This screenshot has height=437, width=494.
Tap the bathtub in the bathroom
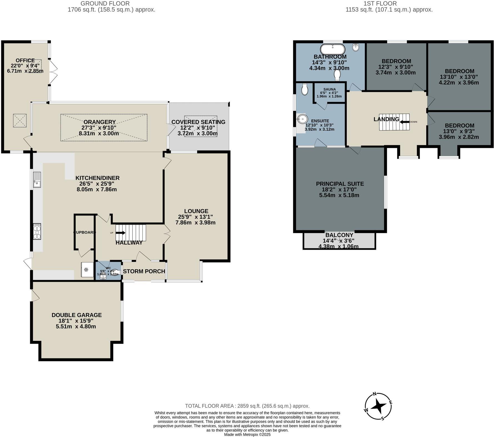(x=333, y=49)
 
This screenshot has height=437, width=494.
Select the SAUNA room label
(x=329, y=89)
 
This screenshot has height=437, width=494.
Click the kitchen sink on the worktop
(x=37, y=180)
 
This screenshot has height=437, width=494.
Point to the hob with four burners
(x=37, y=231)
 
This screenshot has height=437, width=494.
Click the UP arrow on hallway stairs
(x=120, y=233)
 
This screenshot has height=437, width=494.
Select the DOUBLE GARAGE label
(x=77, y=315)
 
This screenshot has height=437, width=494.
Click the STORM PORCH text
(x=144, y=271)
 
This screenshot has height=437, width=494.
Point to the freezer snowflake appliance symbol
(x=86, y=269)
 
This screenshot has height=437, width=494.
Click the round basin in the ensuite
(x=302, y=119)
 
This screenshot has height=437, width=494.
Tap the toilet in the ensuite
(x=305, y=89)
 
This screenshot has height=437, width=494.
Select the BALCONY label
(x=339, y=235)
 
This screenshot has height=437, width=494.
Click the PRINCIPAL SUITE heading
(x=340, y=184)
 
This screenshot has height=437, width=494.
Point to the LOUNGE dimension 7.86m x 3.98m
(x=195, y=223)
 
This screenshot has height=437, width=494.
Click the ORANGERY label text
(x=100, y=122)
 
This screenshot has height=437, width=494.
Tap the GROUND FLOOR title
(x=105, y=4)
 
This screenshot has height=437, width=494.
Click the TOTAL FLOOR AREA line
(x=247, y=406)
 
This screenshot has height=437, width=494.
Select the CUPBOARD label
(x=85, y=232)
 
